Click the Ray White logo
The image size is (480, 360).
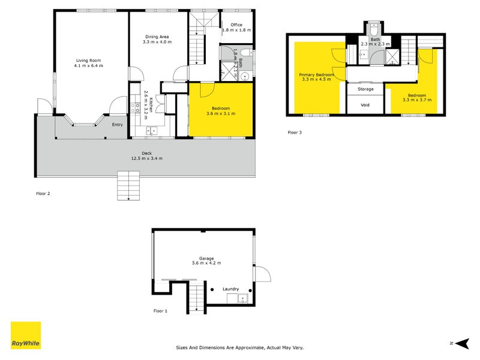26,335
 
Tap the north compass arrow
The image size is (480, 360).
461,343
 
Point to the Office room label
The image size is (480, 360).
236,25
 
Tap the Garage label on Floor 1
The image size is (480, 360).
203,258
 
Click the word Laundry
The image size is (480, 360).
232,289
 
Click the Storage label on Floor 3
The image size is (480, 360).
365,89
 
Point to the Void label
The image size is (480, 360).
365,104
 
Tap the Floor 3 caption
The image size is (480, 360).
295,132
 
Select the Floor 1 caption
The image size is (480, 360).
161,311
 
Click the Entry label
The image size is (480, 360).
118,124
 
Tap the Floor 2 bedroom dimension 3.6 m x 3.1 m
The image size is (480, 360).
221,113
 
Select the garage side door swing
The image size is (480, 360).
263,274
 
